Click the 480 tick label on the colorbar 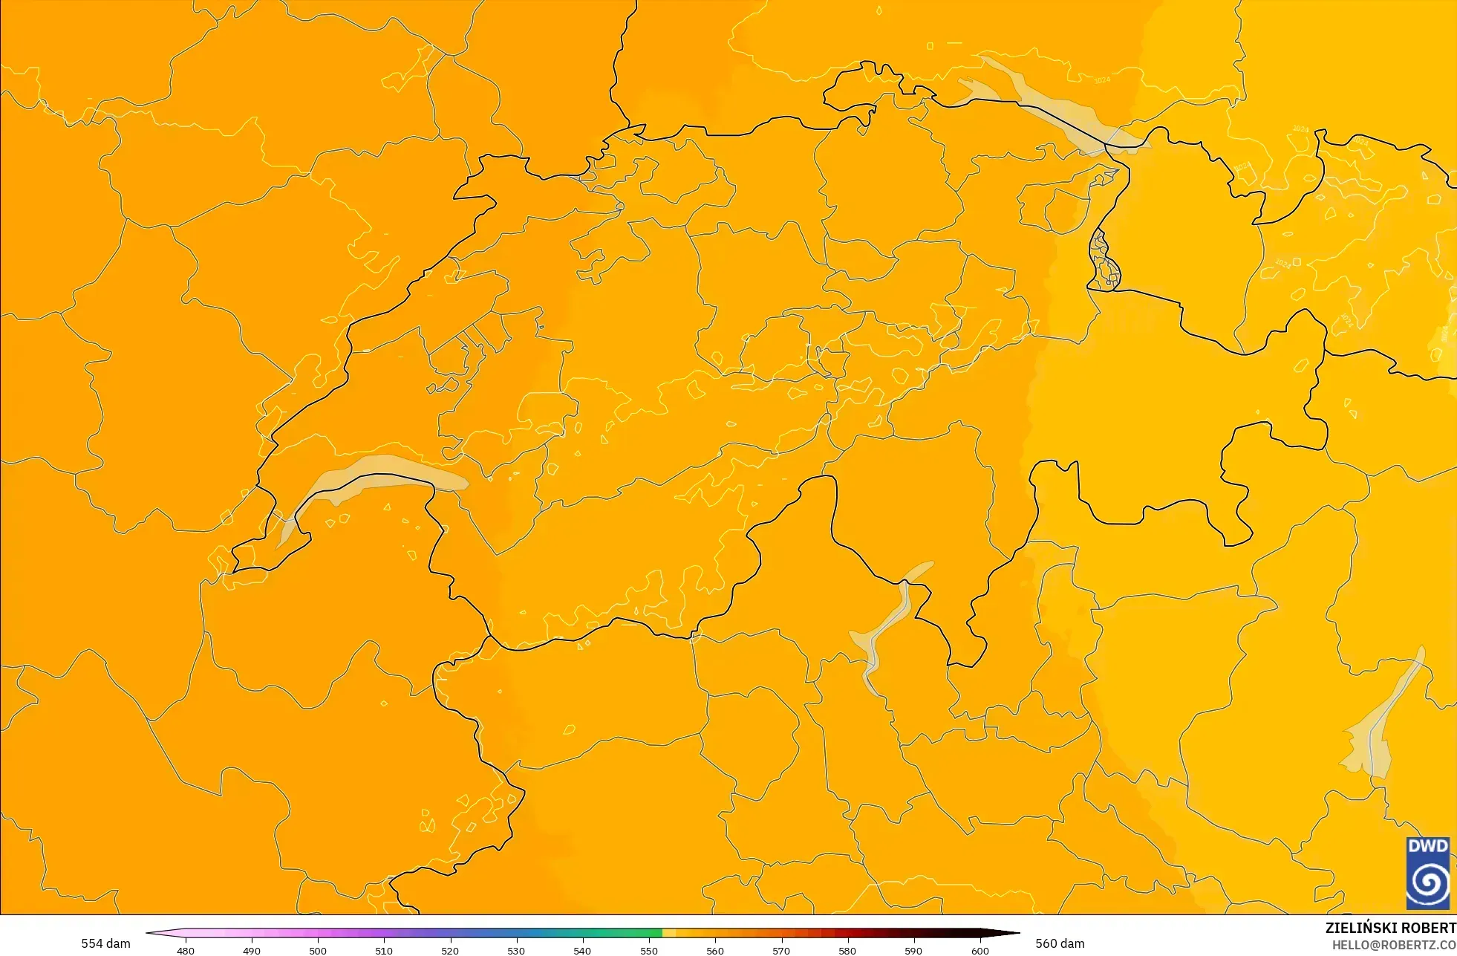[x=186, y=951]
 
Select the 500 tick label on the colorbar [x=318, y=951]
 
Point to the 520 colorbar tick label [x=450, y=951]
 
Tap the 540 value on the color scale [x=582, y=951]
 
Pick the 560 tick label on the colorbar [x=715, y=951]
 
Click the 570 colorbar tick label [x=781, y=951]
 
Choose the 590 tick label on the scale [x=913, y=951]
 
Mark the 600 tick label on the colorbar [x=980, y=951]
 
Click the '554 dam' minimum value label [x=105, y=943]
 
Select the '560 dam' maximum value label [x=1060, y=943]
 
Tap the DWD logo [x=1427, y=873]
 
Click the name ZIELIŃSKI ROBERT [x=1390, y=928]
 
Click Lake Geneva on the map [x=371, y=475]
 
